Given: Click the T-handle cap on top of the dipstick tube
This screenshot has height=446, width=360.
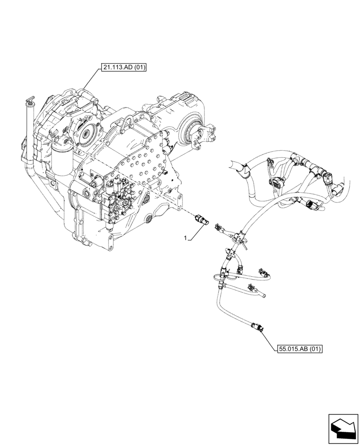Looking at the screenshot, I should click(29, 99).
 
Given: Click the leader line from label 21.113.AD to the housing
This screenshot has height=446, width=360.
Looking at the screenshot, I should click(89, 85).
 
